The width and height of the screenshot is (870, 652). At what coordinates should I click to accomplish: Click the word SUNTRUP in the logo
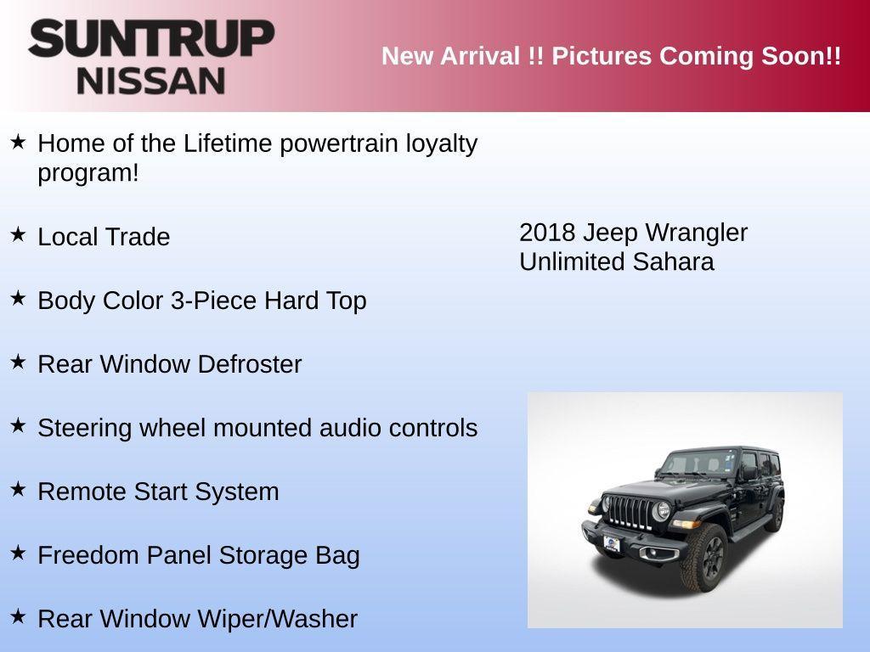click(151, 40)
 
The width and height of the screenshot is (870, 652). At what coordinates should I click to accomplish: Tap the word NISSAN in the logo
click(151, 81)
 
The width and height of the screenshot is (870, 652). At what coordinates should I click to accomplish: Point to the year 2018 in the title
click(547, 233)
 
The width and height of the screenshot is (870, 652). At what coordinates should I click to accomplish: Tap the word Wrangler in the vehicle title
click(696, 233)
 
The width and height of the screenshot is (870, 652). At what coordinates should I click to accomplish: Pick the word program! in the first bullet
click(88, 172)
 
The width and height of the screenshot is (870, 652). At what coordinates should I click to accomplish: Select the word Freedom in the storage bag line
click(89, 555)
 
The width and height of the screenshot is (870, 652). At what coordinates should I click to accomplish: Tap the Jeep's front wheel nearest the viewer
click(704, 558)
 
